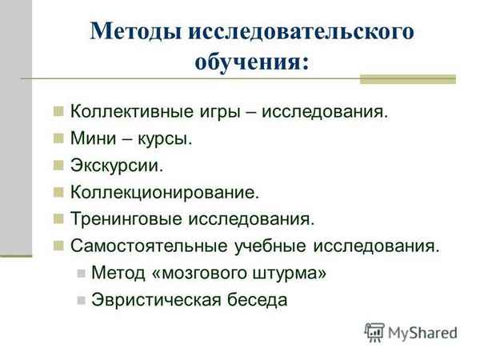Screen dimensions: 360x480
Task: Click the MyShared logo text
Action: pyautogui.click(x=422, y=330)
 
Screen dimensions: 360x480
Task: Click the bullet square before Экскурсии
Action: pyautogui.click(x=58, y=166)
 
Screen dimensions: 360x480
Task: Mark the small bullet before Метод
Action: pyautogui.click(x=80, y=273)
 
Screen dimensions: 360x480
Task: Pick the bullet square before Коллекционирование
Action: pyautogui.click(x=58, y=192)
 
